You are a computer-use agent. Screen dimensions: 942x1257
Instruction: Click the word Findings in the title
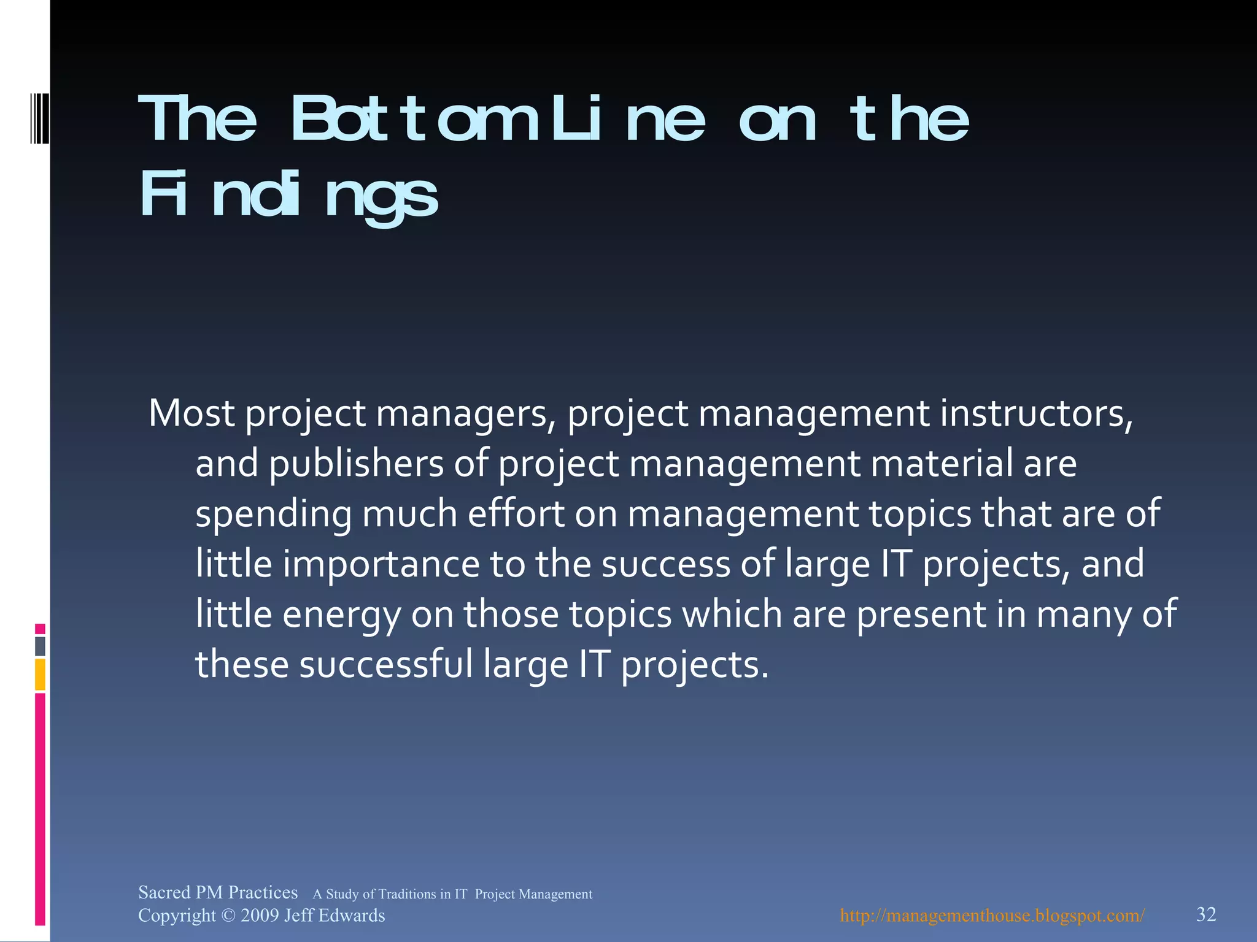[x=288, y=195]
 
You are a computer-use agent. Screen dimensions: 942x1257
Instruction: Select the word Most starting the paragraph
[x=191, y=413]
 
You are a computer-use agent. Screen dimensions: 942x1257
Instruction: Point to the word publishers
[x=356, y=464]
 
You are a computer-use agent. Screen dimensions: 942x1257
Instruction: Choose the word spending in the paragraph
[x=273, y=514]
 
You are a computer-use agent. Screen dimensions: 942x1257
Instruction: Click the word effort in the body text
[x=516, y=514]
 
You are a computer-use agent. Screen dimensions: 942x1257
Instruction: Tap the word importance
[x=381, y=564]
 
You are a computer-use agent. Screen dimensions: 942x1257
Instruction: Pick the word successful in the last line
[x=386, y=665]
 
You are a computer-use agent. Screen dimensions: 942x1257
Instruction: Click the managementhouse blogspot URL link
[x=992, y=916]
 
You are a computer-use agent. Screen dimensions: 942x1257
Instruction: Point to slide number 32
[x=1206, y=914]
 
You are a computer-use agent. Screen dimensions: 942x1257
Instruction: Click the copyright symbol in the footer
[x=228, y=916]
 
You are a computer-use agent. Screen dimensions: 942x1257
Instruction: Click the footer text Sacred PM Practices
[x=218, y=892]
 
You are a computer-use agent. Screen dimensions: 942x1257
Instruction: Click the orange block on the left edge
[x=40, y=675]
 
